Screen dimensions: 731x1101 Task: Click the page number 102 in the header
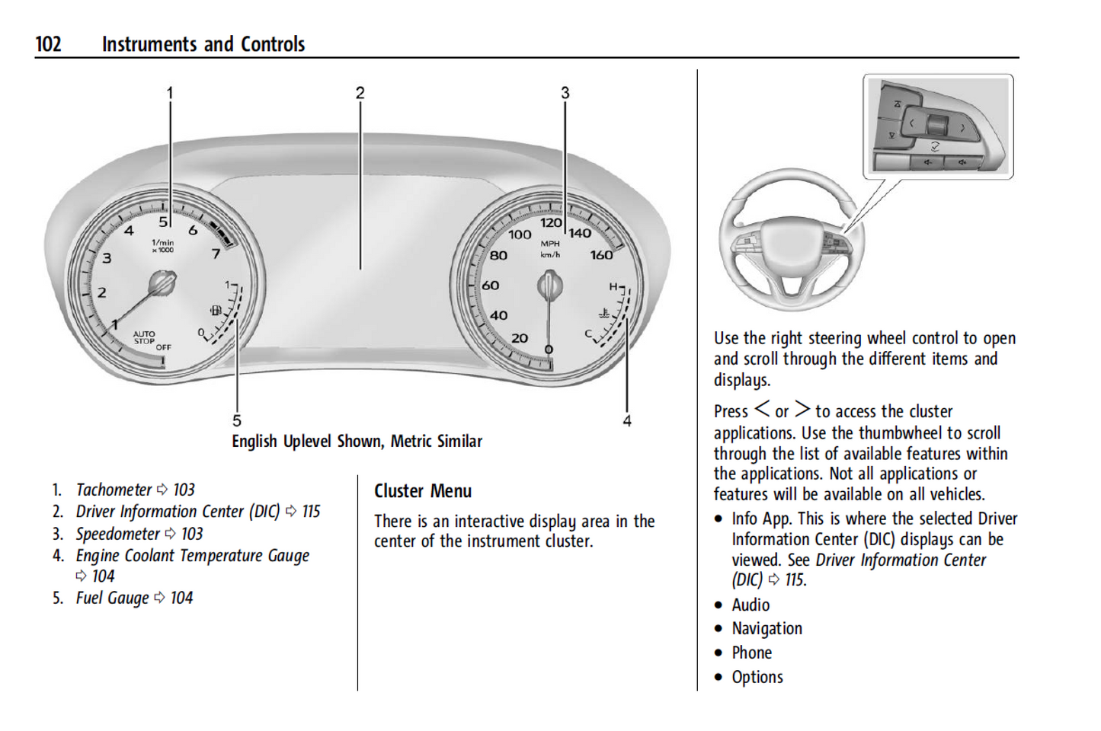coord(48,44)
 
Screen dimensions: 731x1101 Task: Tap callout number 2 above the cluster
coord(360,93)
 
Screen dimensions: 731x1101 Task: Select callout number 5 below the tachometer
coord(237,421)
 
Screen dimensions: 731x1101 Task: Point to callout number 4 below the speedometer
coord(627,421)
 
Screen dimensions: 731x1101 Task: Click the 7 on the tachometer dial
coord(216,253)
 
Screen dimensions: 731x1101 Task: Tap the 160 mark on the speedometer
coord(601,255)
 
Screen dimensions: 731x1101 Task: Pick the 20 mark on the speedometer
coord(520,338)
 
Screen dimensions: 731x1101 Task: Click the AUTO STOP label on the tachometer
coord(144,337)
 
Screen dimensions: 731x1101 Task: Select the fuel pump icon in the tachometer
coord(216,311)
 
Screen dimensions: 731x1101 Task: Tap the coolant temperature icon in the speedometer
coord(604,313)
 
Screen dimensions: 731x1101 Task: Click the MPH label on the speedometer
coord(550,244)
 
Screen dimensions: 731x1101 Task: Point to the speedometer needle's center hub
coord(549,286)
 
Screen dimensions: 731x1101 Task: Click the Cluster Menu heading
coord(423,491)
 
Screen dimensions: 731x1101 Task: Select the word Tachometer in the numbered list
coord(114,490)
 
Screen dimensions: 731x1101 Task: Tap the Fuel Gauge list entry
coord(112,599)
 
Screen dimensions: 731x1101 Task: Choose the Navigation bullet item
coord(767,629)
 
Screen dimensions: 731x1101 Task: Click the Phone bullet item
coord(751,653)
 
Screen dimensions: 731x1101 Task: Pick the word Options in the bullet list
coord(757,678)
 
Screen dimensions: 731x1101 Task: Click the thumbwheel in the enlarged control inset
coord(936,124)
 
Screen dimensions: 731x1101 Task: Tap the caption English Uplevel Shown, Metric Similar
coord(357,442)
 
